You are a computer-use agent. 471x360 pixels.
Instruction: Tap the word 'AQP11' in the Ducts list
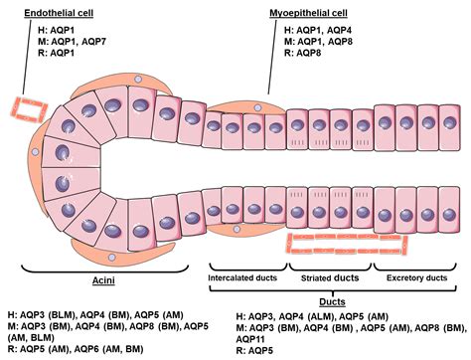tap(256, 338)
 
